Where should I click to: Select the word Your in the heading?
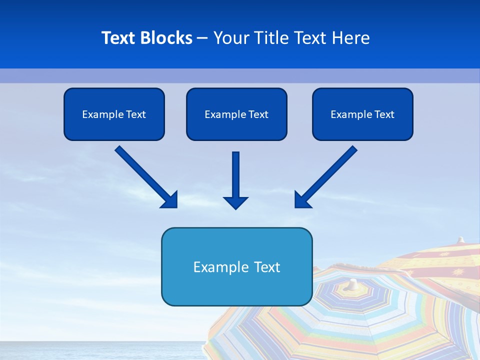point(231,38)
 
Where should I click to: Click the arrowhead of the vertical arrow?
point(235,202)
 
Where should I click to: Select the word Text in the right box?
point(384,114)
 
